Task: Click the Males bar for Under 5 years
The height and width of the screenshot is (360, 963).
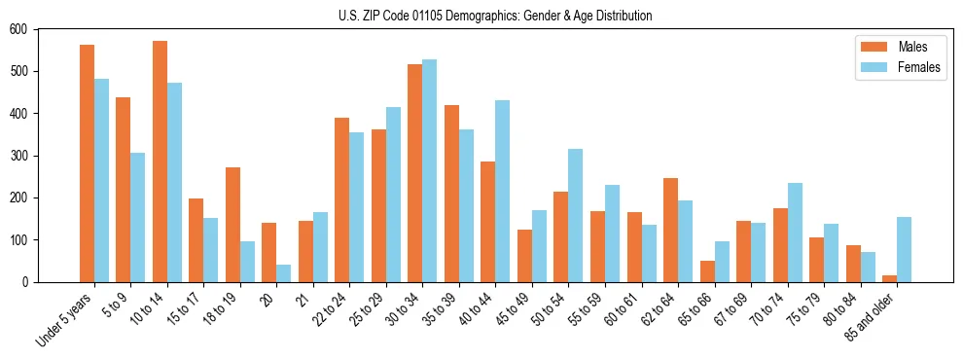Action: [x=87, y=163]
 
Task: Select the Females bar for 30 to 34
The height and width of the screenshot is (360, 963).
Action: [x=430, y=171]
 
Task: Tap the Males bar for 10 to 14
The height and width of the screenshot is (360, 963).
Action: [x=160, y=162]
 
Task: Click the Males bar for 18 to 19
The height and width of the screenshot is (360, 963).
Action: [x=232, y=225]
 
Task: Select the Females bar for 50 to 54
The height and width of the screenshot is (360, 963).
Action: [x=576, y=216]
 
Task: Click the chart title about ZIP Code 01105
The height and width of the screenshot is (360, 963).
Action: [x=494, y=16]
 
